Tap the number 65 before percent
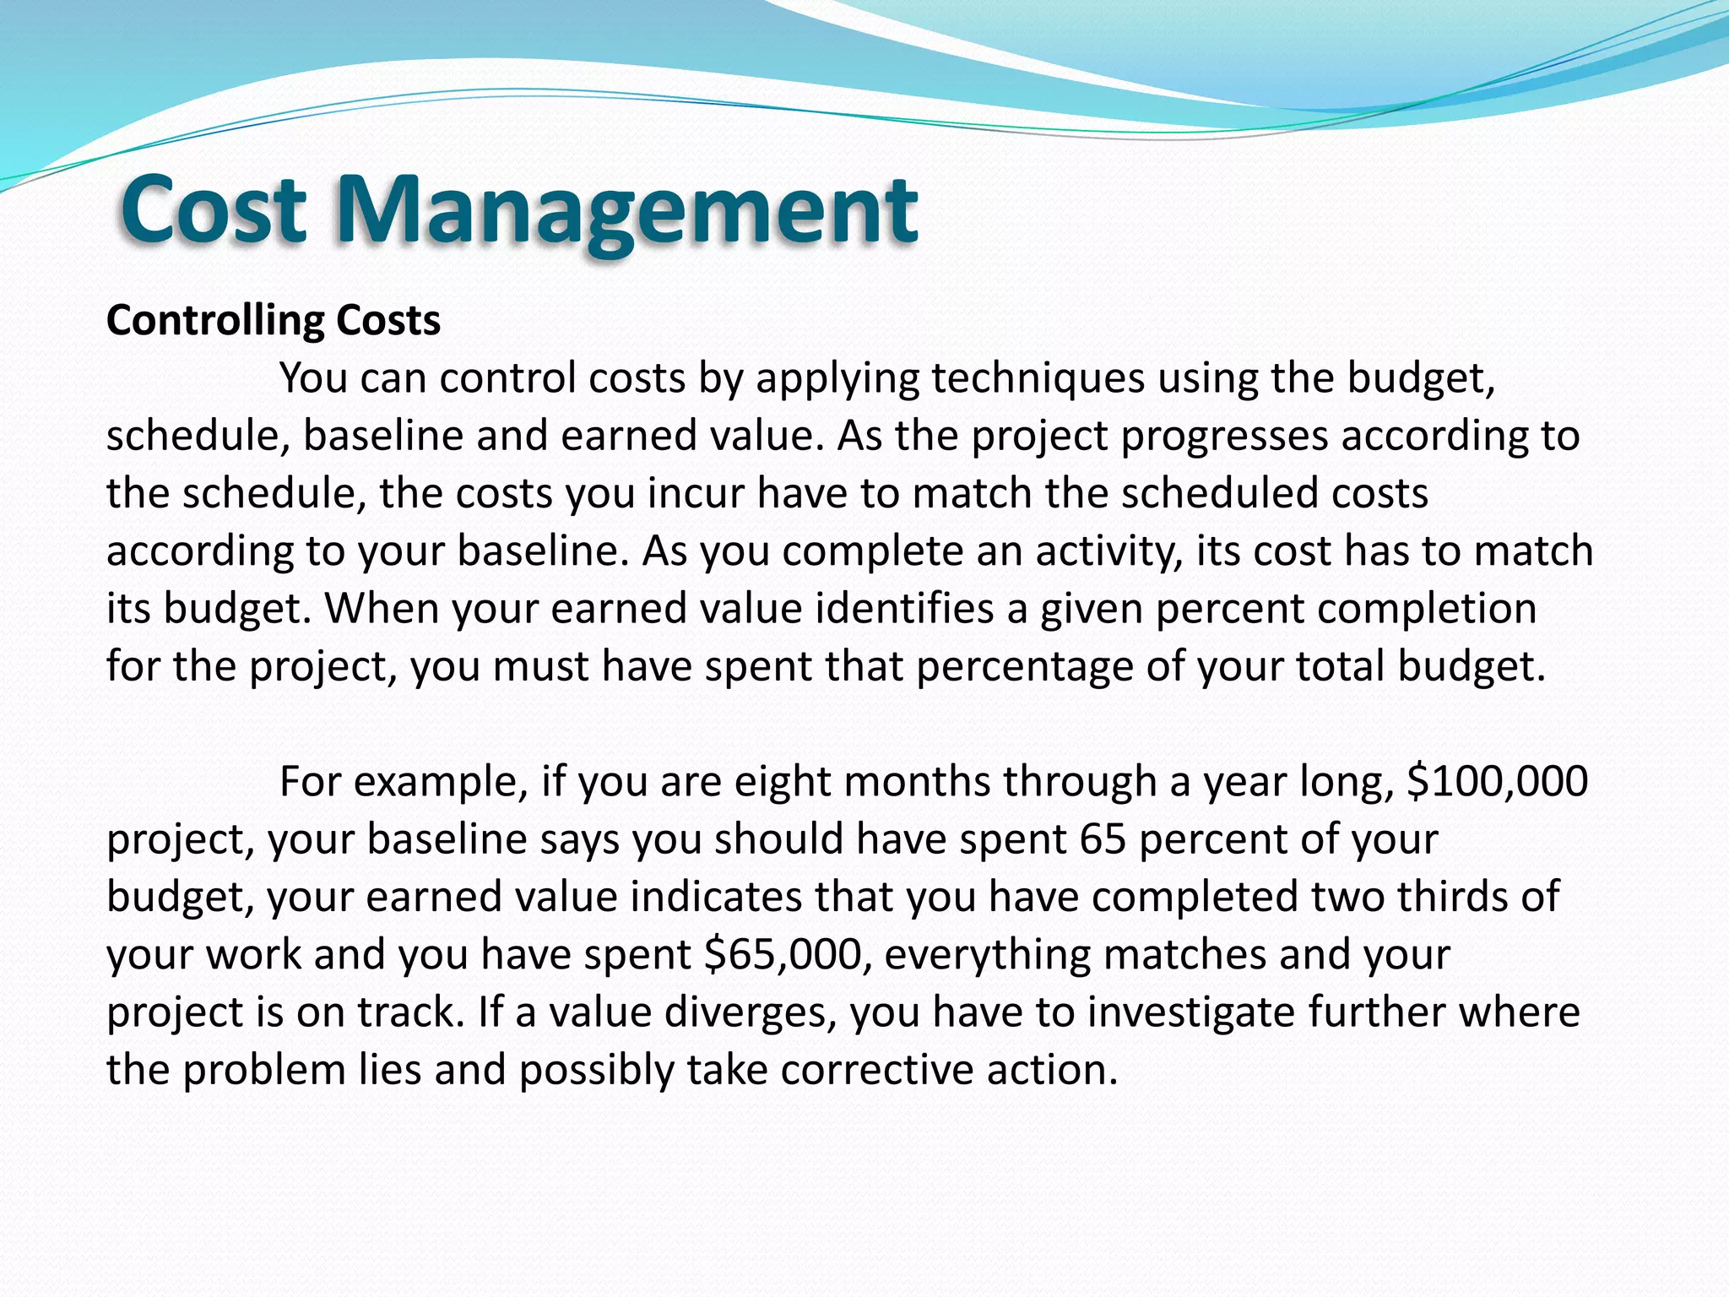tap(1103, 838)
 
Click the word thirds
tap(1451, 896)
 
